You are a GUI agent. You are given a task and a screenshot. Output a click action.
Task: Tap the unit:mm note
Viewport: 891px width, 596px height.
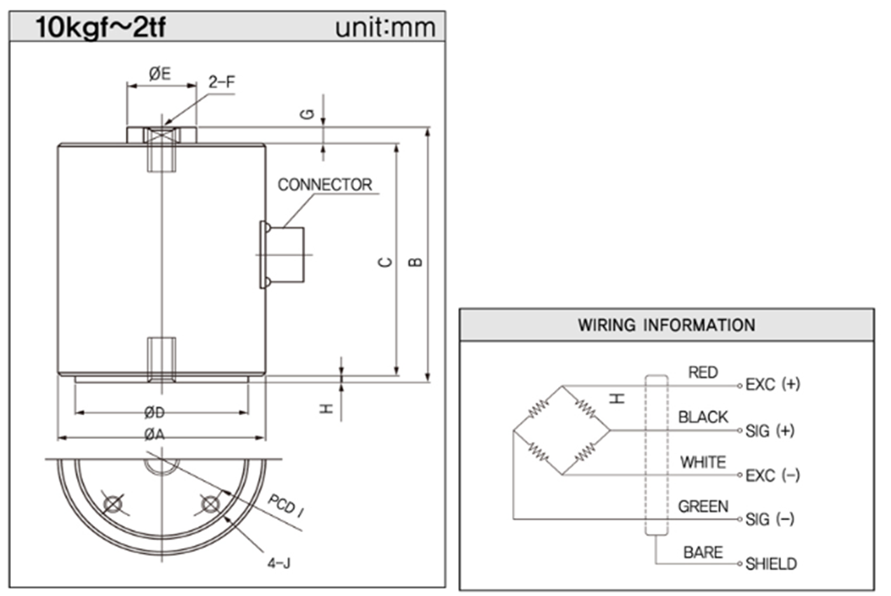point(385,28)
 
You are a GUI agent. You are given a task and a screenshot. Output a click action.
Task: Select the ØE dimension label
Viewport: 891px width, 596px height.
point(160,73)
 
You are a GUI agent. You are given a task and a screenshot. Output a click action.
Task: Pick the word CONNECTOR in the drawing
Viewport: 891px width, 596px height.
point(324,185)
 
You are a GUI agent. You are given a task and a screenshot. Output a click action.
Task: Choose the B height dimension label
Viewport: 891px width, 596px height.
point(415,261)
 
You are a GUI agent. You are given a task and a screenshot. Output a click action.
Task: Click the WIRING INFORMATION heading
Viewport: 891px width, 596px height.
point(667,324)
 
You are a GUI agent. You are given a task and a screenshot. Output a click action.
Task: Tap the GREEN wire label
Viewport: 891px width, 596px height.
point(704,507)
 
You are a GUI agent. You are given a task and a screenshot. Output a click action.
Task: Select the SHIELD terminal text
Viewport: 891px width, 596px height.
point(772,564)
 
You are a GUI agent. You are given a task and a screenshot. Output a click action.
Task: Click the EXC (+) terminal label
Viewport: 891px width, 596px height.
point(772,384)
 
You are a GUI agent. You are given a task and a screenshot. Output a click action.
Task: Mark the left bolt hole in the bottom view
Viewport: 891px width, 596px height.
point(111,503)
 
